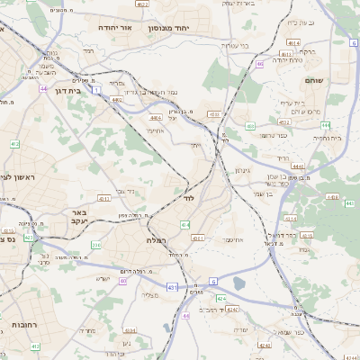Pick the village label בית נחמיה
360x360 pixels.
(x=326, y=138)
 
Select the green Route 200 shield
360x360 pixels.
(x=95, y=244)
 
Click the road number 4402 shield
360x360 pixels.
(x=118, y=101)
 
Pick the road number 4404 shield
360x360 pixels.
(x=156, y=118)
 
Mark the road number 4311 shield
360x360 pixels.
(x=104, y=198)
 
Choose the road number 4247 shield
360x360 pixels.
(x=232, y=310)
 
